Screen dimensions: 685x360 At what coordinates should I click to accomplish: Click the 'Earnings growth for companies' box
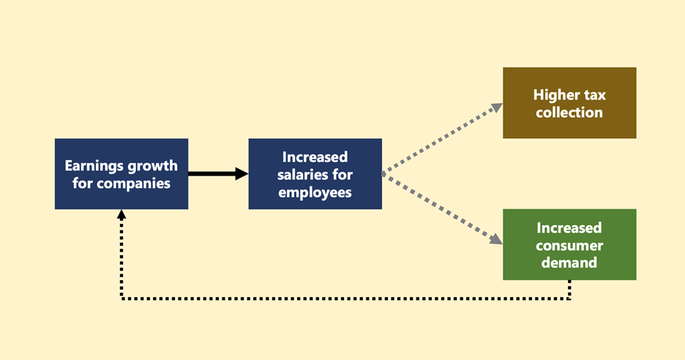click(x=121, y=173)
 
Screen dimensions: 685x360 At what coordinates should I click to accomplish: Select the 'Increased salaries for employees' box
click(x=315, y=173)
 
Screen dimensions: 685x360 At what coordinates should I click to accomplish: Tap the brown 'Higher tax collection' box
click(x=569, y=102)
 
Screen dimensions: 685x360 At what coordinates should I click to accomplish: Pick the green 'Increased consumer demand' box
click(x=569, y=244)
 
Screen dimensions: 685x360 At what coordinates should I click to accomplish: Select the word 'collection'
click(x=569, y=112)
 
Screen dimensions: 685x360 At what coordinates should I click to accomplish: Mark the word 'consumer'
click(x=569, y=245)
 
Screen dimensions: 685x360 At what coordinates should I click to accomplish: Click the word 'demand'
click(x=569, y=262)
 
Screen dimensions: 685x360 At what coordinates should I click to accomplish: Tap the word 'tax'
click(x=594, y=95)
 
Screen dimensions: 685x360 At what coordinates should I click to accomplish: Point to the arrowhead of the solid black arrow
click(x=242, y=173)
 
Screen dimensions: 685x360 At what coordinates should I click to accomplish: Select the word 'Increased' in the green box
click(x=569, y=228)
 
